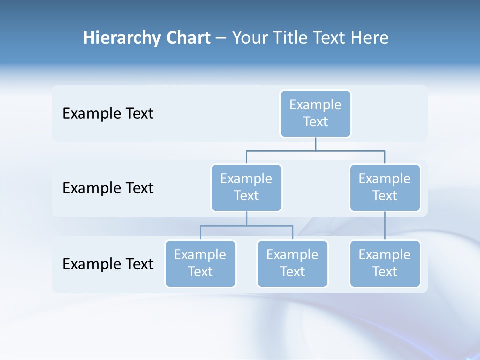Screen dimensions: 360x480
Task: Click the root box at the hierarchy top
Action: [x=315, y=113]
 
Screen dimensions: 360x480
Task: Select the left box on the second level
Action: [x=246, y=187]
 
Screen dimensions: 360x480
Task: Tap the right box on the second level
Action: [x=385, y=187]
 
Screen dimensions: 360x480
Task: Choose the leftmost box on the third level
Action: [x=200, y=263]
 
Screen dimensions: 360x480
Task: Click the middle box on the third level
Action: [x=292, y=263]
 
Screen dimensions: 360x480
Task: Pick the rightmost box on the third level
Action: [x=385, y=263]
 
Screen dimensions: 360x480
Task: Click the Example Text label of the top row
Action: [x=108, y=114]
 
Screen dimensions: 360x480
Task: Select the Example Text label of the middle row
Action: [x=108, y=188]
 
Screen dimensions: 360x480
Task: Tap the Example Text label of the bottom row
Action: [x=108, y=264]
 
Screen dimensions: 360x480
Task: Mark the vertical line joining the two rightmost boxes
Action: [x=385, y=225]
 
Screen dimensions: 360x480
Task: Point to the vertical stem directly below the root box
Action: [x=315, y=144]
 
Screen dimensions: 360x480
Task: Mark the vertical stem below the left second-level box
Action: [x=246, y=218]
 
